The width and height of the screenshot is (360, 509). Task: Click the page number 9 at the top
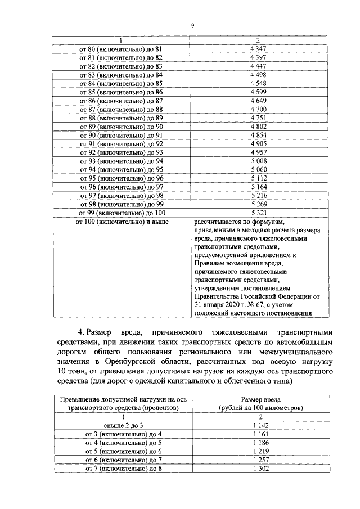(192, 25)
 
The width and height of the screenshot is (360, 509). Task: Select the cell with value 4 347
(258, 49)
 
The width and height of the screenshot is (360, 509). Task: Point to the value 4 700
(258, 109)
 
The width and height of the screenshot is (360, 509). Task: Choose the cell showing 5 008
(258, 160)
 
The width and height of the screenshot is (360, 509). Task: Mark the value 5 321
(258, 213)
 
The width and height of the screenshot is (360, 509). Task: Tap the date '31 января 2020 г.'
(219, 304)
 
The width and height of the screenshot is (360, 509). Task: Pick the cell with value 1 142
(258, 426)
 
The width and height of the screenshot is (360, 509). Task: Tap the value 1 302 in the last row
(258, 469)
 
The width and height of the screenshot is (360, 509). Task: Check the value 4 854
(258, 134)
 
